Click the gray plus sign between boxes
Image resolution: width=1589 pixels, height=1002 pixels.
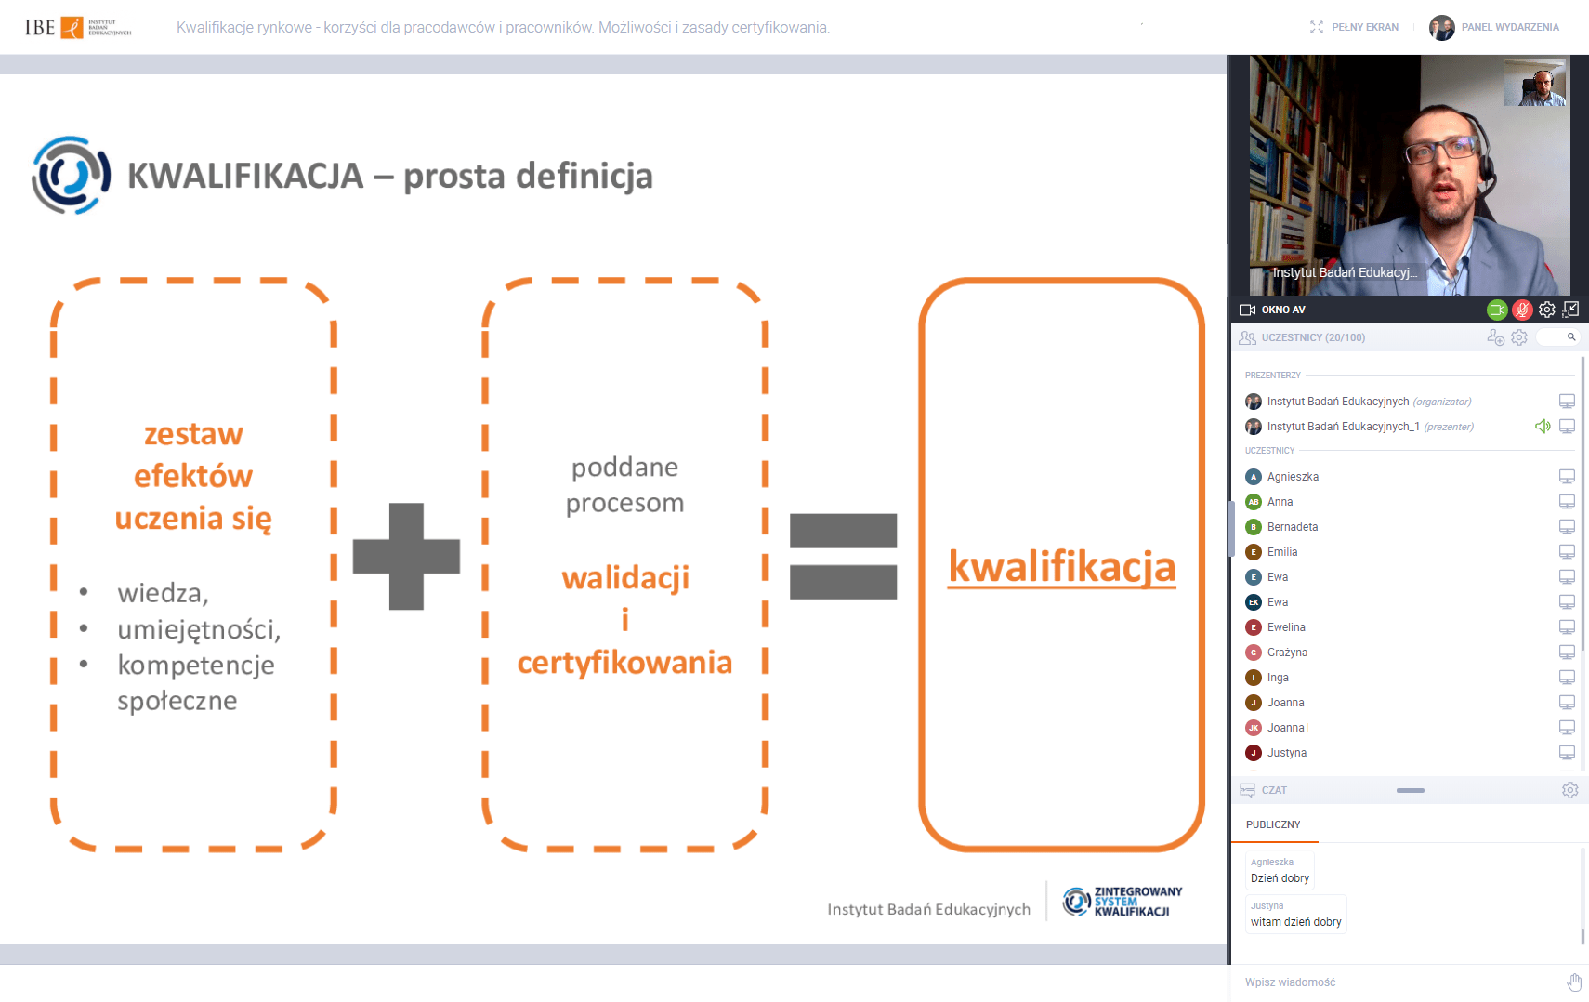(x=406, y=557)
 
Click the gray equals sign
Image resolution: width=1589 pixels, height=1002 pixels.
(x=844, y=557)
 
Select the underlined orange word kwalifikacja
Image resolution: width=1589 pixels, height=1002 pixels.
(x=1062, y=567)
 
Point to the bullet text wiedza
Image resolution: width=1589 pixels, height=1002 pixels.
(x=164, y=592)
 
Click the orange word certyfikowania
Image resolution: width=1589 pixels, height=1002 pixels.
(x=625, y=662)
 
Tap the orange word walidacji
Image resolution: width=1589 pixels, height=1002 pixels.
(x=625, y=577)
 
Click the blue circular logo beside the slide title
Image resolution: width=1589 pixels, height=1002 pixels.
(x=71, y=176)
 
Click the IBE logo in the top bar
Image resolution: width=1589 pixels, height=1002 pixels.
(x=78, y=27)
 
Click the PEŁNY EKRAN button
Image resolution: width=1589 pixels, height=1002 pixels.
(x=1354, y=27)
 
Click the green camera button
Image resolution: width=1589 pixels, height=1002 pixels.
(x=1497, y=310)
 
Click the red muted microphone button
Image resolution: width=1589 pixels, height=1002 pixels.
(x=1521, y=310)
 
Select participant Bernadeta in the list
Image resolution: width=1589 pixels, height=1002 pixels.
(x=1293, y=526)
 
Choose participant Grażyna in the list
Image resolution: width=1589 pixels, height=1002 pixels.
(x=1287, y=653)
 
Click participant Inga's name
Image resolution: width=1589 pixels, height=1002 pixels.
(x=1278, y=677)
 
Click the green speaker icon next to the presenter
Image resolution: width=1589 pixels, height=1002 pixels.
(x=1543, y=427)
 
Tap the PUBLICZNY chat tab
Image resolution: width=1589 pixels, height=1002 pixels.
(x=1273, y=824)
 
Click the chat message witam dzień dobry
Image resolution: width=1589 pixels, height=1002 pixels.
(x=1296, y=922)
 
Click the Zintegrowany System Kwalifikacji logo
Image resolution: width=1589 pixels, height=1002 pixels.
(x=1123, y=902)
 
